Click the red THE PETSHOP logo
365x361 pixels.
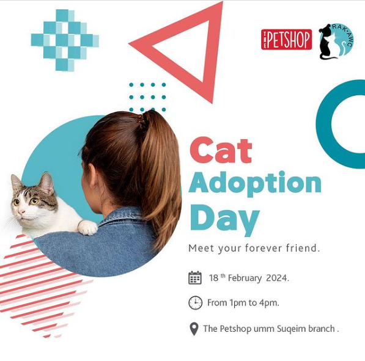tap(286, 39)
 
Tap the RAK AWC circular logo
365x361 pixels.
tap(336, 41)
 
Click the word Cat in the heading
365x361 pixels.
tap(221, 150)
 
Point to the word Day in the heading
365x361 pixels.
tap(224, 219)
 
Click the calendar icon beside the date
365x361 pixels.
tap(195, 277)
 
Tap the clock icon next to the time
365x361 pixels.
tap(195, 302)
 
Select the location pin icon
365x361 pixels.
tap(194, 329)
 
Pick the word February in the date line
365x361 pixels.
tap(245, 278)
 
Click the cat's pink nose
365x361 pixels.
tap(21, 212)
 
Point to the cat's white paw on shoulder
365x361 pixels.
tap(88, 227)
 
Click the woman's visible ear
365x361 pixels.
tap(92, 176)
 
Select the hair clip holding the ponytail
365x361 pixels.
tap(141, 121)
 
